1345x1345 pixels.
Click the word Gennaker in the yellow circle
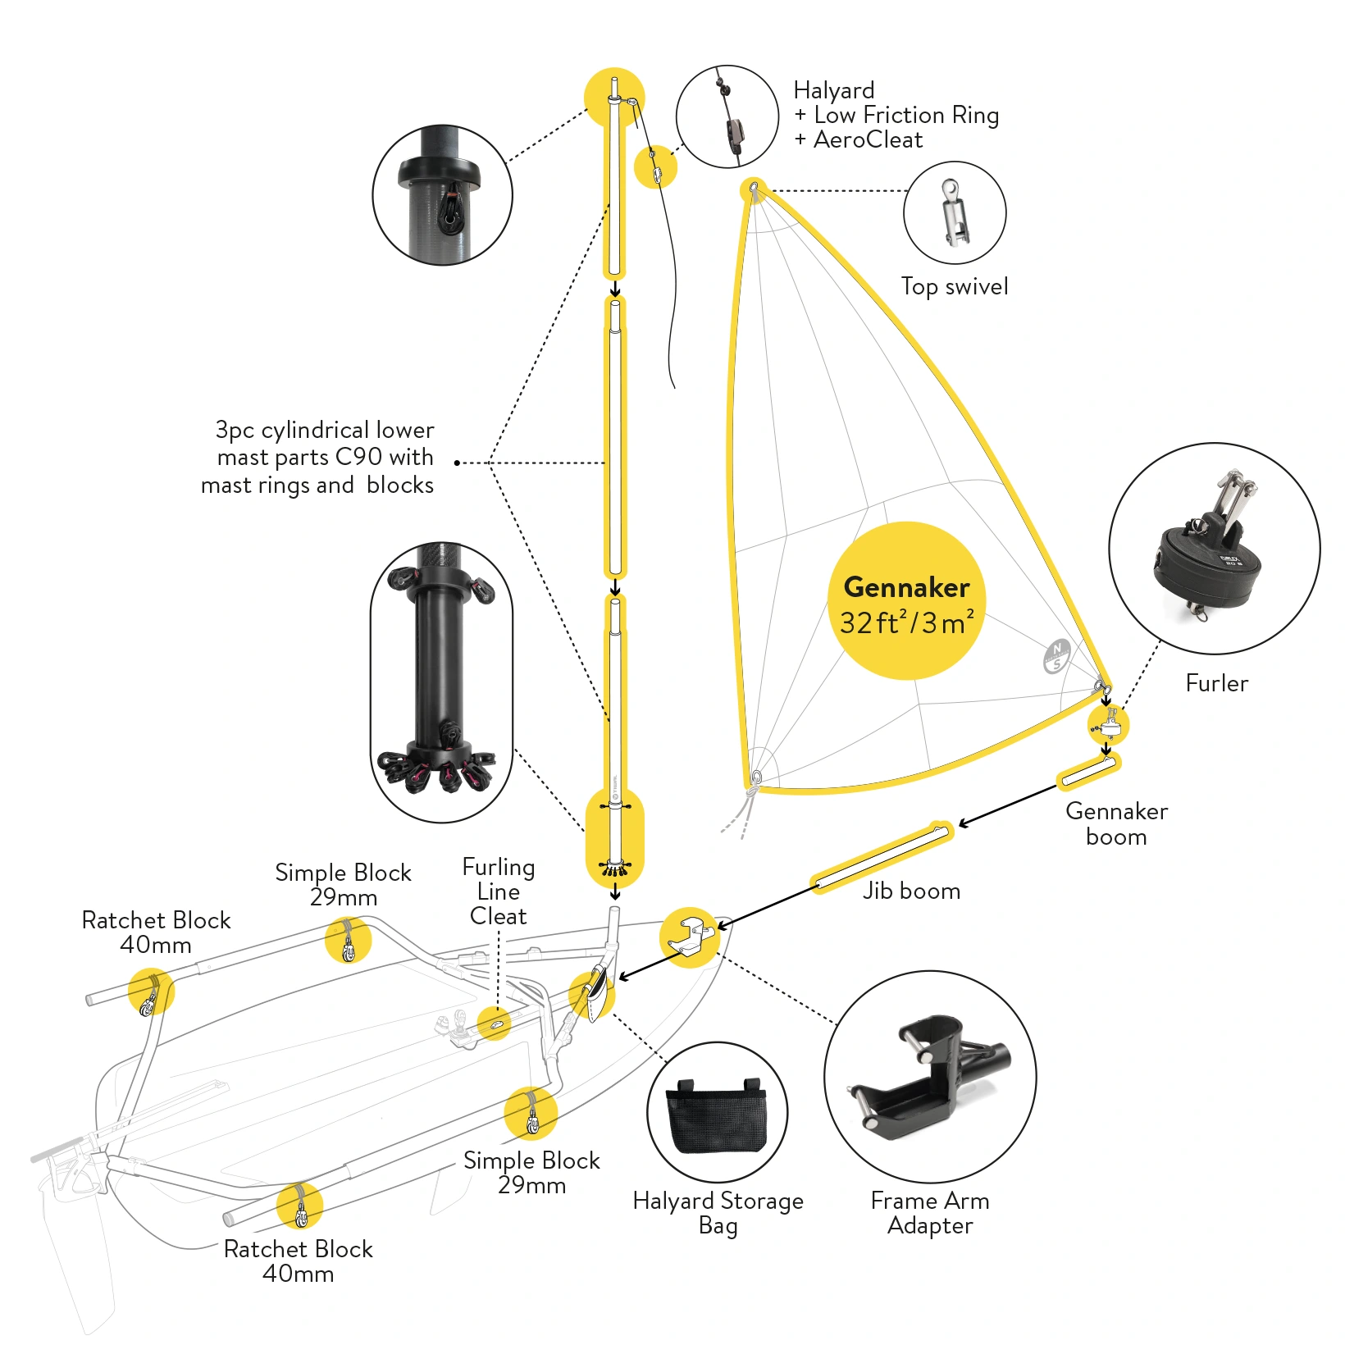[906, 587]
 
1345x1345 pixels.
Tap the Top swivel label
[955, 286]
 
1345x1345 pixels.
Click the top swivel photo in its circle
[953, 213]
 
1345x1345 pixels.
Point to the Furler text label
[1216, 683]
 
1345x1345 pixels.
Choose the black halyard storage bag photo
[717, 1114]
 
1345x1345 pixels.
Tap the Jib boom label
[911, 891]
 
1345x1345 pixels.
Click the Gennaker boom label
[1116, 823]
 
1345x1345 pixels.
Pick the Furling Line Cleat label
[499, 891]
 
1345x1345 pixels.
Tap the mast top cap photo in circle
[442, 195]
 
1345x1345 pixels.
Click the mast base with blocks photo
[441, 682]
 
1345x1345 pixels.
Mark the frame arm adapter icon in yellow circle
[689, 937]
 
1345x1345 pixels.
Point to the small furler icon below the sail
[1108, 724]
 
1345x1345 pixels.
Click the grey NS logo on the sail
[1056, 656]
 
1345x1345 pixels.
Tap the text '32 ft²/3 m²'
[907, 622]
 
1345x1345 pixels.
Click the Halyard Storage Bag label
[718, 1213]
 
